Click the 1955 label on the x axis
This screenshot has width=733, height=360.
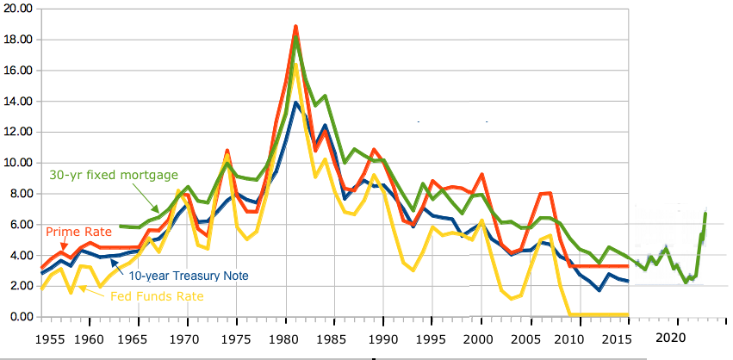click(53, 338)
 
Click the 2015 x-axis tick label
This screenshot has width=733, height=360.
click(618, 338)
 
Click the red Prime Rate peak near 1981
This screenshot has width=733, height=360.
click(295, 27)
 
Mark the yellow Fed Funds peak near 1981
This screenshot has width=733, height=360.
click(295, 64)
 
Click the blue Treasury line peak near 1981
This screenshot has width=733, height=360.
click(295, 102)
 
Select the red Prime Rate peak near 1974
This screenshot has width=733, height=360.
click(227, 150)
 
